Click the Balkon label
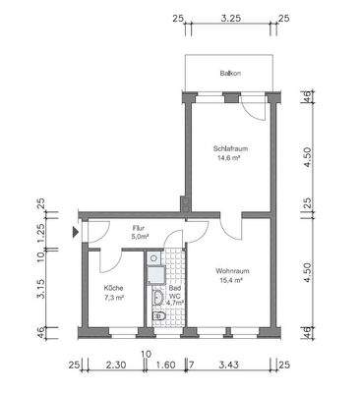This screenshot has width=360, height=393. coord(230,74)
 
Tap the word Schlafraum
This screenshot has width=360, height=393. coord(228,148)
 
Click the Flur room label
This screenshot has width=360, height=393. coord(139,228)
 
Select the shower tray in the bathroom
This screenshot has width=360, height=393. coord(155,260)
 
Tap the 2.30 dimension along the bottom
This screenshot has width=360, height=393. coord(113,365)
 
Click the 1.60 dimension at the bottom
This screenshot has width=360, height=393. coord(166,365)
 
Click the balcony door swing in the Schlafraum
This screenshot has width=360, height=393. coord(255,108)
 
